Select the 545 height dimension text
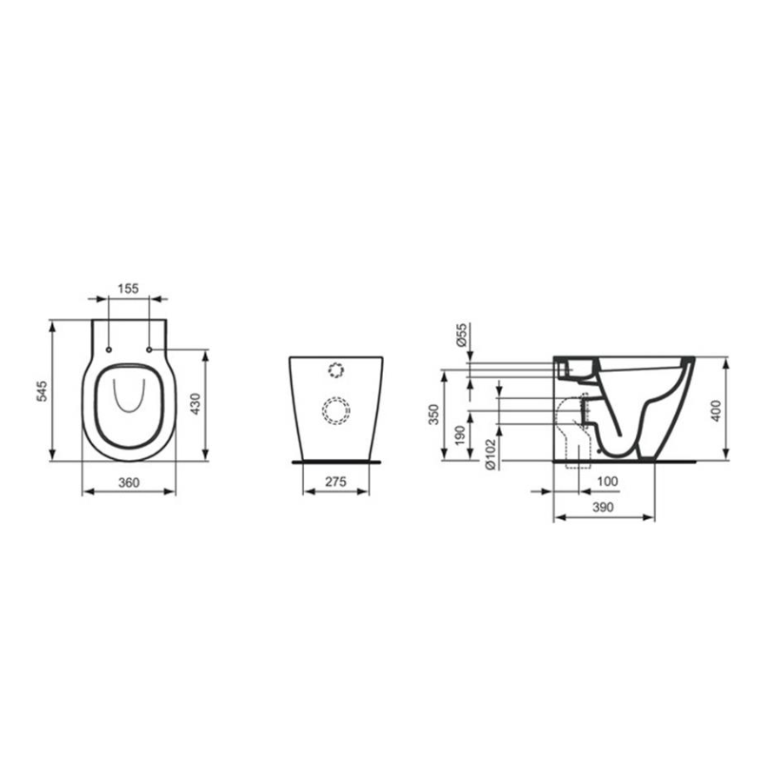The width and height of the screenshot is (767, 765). point(41,391)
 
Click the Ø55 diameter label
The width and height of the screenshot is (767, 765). point(461,335)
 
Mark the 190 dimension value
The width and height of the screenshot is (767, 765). point(461,432)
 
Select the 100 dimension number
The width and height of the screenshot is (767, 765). point(607,482)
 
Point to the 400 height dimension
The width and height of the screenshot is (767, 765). point(715,410)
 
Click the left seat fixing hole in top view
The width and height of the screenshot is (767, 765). point(108,349)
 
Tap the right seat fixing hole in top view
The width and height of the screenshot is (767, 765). point(149,349)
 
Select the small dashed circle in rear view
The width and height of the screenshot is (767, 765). point(335,369)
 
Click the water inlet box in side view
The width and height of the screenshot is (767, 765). point(574,367)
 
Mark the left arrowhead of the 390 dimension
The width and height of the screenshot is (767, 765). point(557,516)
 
